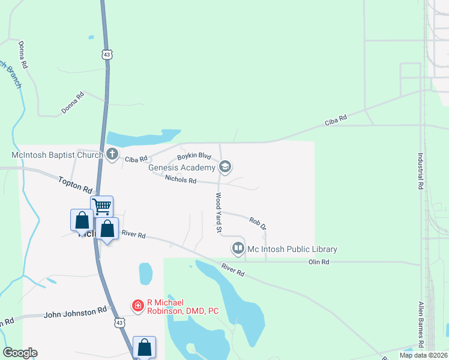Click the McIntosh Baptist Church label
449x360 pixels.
52,154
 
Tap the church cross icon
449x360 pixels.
112,154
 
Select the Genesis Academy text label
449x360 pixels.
182,167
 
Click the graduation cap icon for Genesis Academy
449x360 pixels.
225,167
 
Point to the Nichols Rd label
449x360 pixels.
180,179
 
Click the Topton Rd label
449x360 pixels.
75,184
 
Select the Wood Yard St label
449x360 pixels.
218,213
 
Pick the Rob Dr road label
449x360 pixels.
258,223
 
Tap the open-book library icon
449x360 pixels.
238,248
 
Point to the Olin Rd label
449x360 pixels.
319,262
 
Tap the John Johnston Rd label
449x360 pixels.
75,313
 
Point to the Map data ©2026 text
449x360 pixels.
423,355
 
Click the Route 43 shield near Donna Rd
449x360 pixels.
106,54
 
